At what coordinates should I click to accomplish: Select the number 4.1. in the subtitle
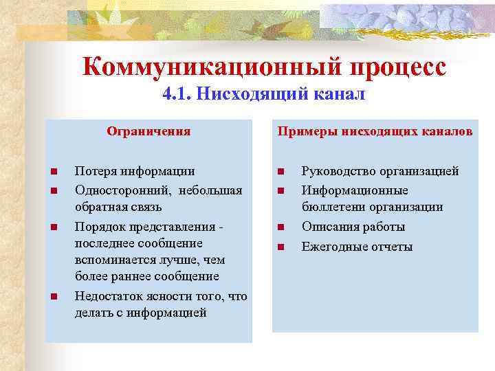click(x=177, y=94)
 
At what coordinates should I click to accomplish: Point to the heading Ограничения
click(x=148, y=131)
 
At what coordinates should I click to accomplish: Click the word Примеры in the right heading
click(x=302, y=131)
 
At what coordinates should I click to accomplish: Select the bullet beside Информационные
click(x=280, y=190)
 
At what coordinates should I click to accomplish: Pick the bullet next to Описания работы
click(x=280, y=227)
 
